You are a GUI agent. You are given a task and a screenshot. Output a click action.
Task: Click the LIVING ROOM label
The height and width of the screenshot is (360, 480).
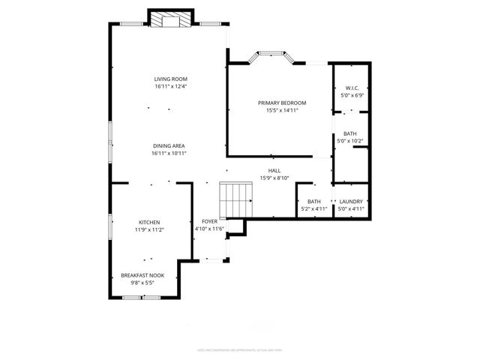pyautogui.click(x=170, y=79)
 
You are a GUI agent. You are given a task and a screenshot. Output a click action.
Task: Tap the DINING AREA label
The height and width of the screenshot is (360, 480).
pyautogui.click(x=168, y=145)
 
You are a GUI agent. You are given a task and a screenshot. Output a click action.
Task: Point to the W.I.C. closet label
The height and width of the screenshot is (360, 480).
pyautogui.click(x=351, y=88)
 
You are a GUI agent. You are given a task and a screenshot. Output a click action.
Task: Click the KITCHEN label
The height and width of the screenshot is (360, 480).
pyautogui.click(x=148, y=222)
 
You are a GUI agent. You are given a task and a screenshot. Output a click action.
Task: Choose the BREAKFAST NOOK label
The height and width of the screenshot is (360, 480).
pyautogui.click(x=142, y=275)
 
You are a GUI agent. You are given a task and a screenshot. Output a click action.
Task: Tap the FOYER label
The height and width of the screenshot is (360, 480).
pyautogui.click(x=209, y=222)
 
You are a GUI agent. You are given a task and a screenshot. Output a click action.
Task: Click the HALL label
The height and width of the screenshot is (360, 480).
pyautogui.click(x=274, y=170)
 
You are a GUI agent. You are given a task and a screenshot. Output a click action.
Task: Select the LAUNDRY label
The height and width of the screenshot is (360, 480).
pyautogui.click(x=351, y=201)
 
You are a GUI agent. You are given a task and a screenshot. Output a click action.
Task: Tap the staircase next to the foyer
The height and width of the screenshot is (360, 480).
pyautogui.click(x=237, y=199)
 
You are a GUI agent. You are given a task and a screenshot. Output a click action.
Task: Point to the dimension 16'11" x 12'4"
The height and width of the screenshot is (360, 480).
pyautogui.click(x=170, y=87)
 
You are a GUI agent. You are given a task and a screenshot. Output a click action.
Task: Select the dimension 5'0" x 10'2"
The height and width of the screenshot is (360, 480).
pyautogui.click(x=350, y=141)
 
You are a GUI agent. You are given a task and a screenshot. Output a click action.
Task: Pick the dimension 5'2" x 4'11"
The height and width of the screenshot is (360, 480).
pyautogui.click(x=313, y=209)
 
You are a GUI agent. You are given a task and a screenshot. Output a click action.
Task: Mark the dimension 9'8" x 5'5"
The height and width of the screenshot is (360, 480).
pyautogui.click(x=142, y=283)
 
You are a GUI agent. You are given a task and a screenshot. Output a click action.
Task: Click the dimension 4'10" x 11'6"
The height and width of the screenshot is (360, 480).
pyautogui.click(x=209, y=229)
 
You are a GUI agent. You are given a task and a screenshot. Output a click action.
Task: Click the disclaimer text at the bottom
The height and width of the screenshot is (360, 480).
pyautogui.click(x=240, y=350)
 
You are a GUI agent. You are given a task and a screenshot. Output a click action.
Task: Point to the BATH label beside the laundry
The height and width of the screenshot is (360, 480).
pyautogui.click(x=313, y=201)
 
